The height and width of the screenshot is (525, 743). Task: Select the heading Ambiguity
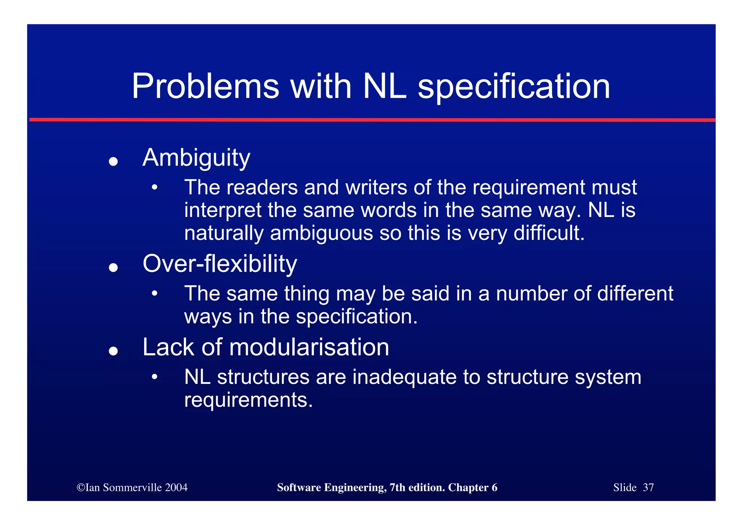[x=196, y=158]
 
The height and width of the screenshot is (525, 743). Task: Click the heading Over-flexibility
[x=219, y=264]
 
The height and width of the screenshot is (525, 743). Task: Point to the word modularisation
[x=309, y=347]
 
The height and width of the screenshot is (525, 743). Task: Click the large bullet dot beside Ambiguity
[x=113, y=161]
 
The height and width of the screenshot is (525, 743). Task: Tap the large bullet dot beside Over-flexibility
[x=113, y=267]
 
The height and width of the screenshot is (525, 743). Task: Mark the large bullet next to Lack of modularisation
[x=113, y=351]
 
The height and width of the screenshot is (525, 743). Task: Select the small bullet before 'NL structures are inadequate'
[x=155, y=377]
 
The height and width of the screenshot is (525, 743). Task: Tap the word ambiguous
[x=321, y=233]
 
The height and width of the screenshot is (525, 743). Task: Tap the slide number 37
[x=648, y=487]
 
